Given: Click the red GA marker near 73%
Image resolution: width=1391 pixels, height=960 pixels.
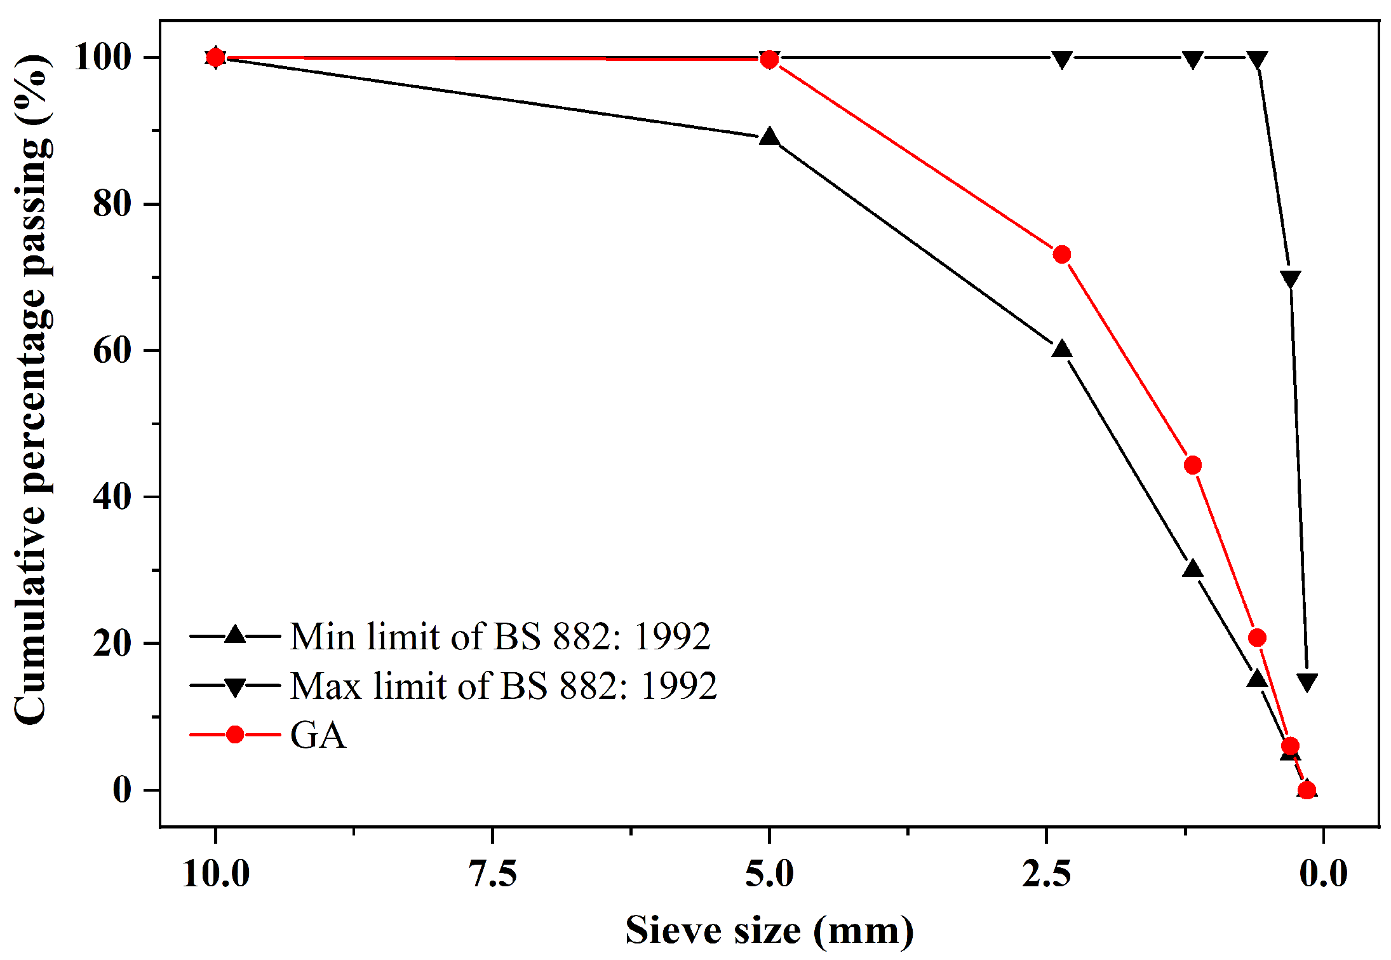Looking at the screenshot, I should (1061, 255).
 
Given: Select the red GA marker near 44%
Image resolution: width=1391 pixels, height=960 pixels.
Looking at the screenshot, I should (1192, 465).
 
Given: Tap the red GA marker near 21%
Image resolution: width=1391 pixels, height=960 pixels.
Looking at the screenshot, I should (1256, 638).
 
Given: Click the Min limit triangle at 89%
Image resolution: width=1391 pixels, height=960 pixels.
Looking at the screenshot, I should (769, 137).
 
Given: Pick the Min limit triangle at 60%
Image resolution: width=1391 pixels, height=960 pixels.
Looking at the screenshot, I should (1061, 349).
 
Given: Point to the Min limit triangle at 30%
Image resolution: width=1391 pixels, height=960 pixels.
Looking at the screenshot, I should (1192, 569).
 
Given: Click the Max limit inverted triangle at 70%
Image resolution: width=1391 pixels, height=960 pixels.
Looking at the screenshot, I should (1290, 278).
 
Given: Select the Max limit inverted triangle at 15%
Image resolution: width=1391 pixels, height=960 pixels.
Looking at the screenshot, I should (1307, 682).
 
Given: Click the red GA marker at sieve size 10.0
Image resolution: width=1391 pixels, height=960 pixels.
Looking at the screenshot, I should (215, 57).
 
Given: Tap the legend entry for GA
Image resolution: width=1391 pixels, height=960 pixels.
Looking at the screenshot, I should (318, 735).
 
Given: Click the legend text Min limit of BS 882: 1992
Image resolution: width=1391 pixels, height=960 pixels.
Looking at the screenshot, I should (500, 636).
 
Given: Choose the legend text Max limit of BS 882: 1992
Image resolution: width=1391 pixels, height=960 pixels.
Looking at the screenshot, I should (503, 686).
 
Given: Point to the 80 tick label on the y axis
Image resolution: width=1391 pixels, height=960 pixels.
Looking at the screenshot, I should (112, 204).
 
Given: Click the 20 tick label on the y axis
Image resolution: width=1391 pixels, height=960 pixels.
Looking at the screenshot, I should (112, 643).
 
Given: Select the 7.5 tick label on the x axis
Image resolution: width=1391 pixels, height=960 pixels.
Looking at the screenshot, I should (492, 874).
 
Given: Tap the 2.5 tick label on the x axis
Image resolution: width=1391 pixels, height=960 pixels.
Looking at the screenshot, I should (1046, 874).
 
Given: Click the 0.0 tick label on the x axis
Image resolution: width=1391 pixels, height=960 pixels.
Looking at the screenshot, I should (1323, 874).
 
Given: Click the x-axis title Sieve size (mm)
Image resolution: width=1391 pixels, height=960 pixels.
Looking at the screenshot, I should (769, 931).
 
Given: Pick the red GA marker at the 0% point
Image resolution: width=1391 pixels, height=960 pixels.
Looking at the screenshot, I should (1307, 790).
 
